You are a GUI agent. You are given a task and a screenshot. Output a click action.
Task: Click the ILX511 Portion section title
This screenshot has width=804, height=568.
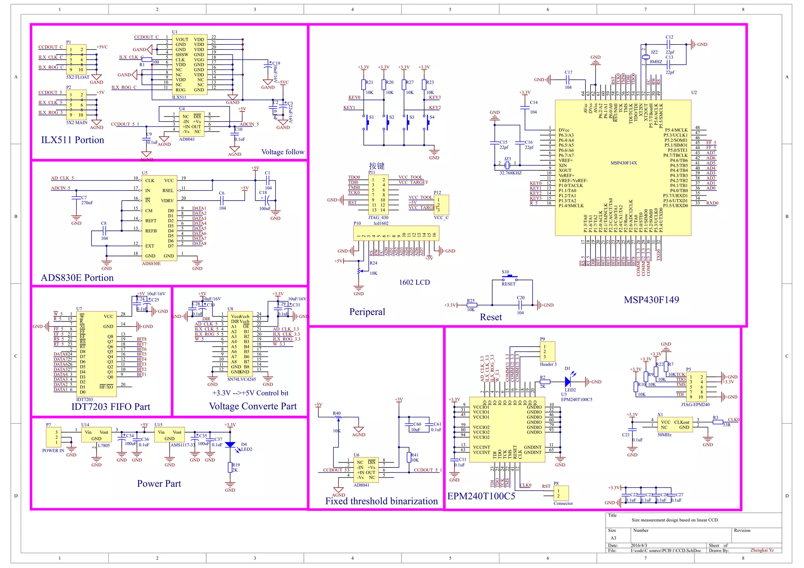click(x=73, y=140)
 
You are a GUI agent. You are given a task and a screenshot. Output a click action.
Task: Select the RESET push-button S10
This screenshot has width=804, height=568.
click(x=509, y=279)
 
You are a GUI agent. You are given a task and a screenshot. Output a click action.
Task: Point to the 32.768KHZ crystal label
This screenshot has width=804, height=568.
click(x=510, y=173)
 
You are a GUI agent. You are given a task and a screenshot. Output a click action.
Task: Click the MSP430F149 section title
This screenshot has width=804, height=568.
click(x=651, y=300)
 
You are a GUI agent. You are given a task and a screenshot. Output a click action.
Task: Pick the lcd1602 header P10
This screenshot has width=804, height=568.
click(x=396, y=234)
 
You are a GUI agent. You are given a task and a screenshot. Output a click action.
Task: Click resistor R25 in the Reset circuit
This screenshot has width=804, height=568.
click(x=471, y=305)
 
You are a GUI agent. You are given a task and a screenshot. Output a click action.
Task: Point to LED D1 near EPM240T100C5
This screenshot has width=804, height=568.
click(x=568, y=381)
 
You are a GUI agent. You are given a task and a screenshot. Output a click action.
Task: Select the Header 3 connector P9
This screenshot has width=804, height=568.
click(x=547, y=352)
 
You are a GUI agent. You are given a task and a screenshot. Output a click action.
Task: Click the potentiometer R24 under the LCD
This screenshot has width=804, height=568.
click(x=358, y=271)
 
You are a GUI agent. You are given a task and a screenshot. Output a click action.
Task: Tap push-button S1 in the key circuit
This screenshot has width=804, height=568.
click(x=367, y=122)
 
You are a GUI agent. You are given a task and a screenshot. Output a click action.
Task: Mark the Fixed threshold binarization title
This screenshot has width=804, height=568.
click(x=381, y=501)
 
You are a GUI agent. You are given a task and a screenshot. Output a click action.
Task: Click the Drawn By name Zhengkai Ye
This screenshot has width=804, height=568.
click(x=762, y=550)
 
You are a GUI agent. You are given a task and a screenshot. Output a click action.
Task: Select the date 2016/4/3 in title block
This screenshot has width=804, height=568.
click(x=639, y=545)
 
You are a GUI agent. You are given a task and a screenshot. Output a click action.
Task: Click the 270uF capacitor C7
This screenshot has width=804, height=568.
click(x=76, y=200)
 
